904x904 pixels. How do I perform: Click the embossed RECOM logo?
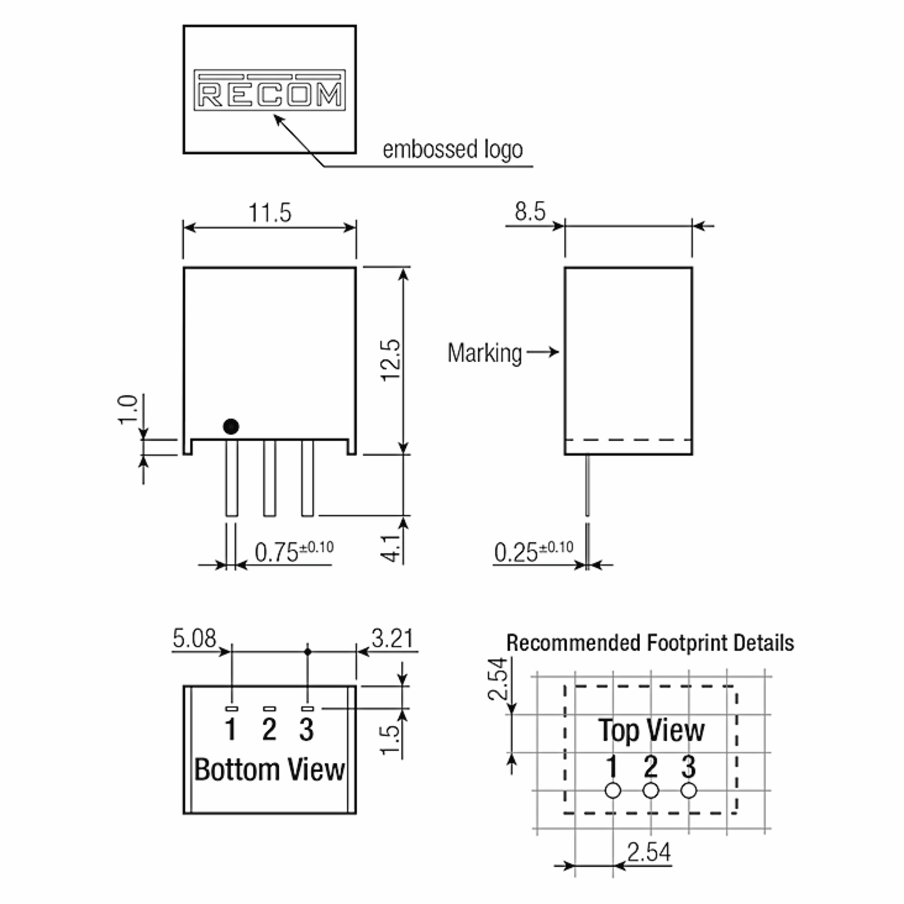click(270, 90)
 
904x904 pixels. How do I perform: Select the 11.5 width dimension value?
click(270, 213)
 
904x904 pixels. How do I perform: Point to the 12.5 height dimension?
click(391, 361)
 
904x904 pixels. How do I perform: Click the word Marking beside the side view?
click(484, 353)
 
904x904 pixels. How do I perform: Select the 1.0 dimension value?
click(127, 409)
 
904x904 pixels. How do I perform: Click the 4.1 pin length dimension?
click(391, 548)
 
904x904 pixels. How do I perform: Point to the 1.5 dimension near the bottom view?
click(391, 740)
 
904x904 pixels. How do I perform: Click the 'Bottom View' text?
click(270, 770)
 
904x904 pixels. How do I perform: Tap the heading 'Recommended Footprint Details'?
click(650, 643)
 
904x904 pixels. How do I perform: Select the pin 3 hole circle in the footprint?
click(688, 791)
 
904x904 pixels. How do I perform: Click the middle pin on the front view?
click(270, 478)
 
